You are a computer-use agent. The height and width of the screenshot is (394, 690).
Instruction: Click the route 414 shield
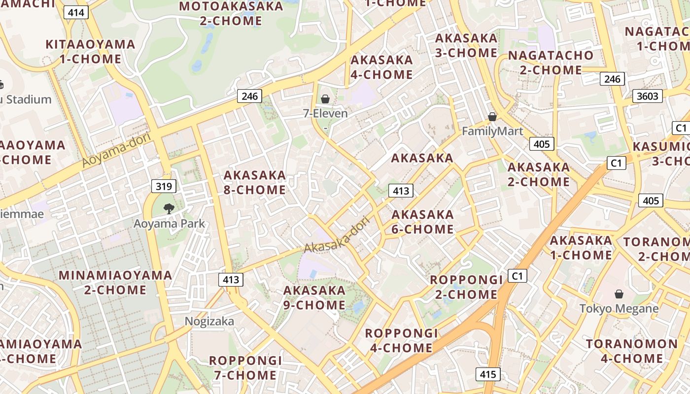(76, 12)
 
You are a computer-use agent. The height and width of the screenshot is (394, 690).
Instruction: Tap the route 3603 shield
(648, 96)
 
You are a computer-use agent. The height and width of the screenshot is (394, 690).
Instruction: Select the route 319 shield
(164, 186)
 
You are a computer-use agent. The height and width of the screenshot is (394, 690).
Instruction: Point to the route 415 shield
(488, 374)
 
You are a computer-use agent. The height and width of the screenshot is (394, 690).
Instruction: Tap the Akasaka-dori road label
(336, 237)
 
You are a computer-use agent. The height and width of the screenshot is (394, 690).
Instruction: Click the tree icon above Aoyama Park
(169, 209)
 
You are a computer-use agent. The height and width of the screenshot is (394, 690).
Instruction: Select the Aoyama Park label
(169, 224)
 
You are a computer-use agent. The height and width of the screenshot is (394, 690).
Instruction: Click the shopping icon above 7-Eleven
(325, 99)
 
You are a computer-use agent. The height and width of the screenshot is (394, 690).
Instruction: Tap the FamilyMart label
(492, 131)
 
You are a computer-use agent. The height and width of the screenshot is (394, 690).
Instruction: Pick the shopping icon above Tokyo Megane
(619, 294)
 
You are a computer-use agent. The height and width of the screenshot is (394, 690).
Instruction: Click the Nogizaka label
(209, 321)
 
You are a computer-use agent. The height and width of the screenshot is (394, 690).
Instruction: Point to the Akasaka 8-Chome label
(255, 182)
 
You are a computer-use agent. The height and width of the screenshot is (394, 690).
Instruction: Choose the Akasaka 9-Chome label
(314, 297)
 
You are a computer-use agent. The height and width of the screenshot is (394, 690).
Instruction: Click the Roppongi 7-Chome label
(245, 367)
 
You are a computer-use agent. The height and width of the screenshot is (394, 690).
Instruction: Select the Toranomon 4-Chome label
(632, 351)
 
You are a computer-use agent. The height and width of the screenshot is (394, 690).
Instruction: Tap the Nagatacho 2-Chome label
(551, 63)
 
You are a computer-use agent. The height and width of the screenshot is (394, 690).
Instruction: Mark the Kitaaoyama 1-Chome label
(90, 52)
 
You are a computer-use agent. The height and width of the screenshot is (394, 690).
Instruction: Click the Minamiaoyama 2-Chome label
(115, 282)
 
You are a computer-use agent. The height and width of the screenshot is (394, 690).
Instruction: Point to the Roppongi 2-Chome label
(466, 287)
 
